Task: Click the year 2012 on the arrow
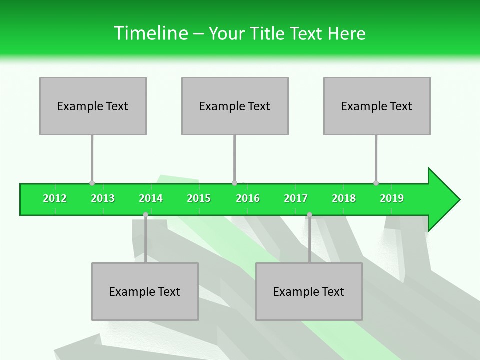pyautogui.click(x=55, y=198)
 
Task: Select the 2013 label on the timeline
pyautogui.click(x=103, y=198)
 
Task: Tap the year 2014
pyautogui.click(x=151, y=198)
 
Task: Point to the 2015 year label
pyautogui.click(x=199, y=198)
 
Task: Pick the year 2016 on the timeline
pyautogui.click(x=248, y=198)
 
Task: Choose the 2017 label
pyautogui.click(x=296, y=198)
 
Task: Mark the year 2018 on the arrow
pyautogui.click(x=344, y=198)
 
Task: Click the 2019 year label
pyautogui.click(x=392, y=198)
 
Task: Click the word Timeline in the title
pyautogui.click(x=150, y=33)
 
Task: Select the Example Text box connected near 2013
pyautogui.click(x=93, y=106)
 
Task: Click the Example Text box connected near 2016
pyautogui.click(x=235, y=106)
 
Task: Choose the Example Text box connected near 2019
pyautogui.click(x=377, y=106)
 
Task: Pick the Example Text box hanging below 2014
pyautogui.click(x=145, y=291)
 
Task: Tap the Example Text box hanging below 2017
pyautogui.click(x=309, y=291)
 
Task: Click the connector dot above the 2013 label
pyautogui.click(x=92, y=183)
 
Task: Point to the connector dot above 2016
pyautogui.click(x=234, y=183)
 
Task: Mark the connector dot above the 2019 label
pyautogui.click(x=376, y=183)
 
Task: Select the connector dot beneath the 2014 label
pyautogui.click(x=145, y=215)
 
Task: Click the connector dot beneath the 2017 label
pyautogui.click(x=309, y=215)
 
